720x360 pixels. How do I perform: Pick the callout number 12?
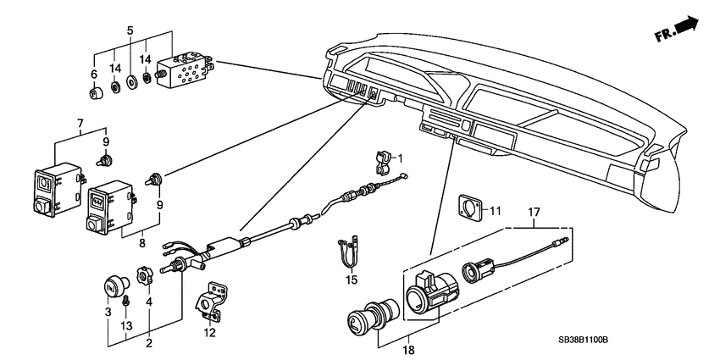pyautogui.click(x=209, y=333)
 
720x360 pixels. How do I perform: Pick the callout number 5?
pyautogui.click(x=129, y=30)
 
